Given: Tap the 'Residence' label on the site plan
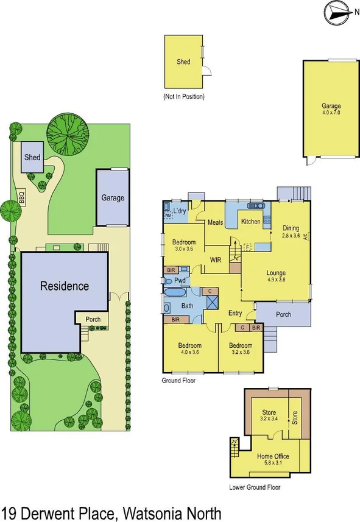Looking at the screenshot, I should click(x=65, y=286).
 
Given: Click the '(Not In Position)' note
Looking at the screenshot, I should click(x=183, y=97).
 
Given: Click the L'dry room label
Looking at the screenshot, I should click(x=180, y=211).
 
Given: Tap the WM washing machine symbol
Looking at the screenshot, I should click(x=168, y=214).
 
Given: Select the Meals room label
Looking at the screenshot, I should click(x=211, y=222).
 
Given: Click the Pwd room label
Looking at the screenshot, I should click(x=180, y=281).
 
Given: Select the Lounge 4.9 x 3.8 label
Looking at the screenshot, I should click(x=275, y=277).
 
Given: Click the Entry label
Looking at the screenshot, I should click(x=235, y=314).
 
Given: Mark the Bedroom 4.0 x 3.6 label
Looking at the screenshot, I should click(x=189, y=348).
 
